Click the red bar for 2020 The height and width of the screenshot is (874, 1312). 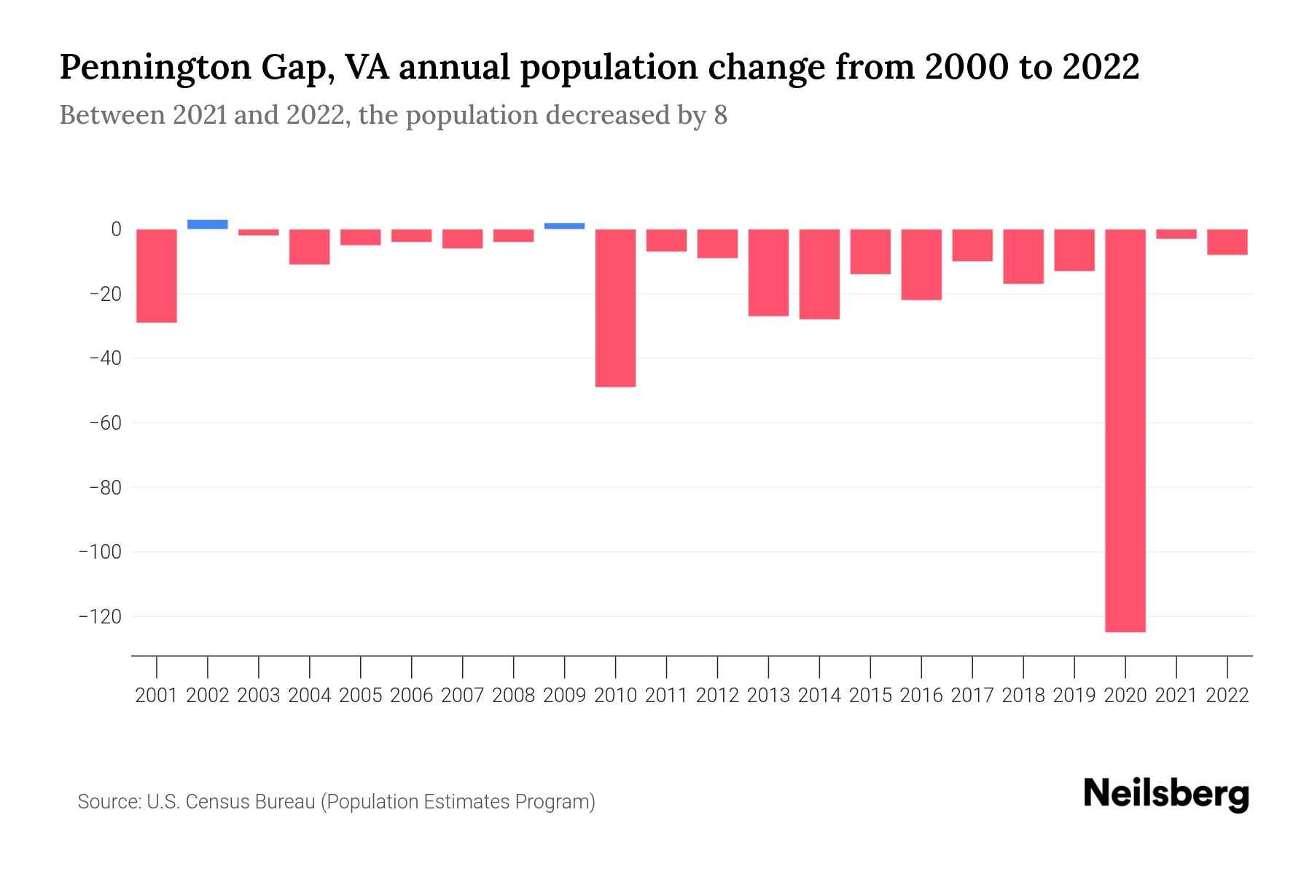[1125, 430]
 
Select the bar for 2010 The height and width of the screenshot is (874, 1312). [616, 307]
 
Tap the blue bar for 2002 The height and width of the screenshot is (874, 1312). [208, 224]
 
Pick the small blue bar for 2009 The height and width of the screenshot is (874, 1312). [565, 226]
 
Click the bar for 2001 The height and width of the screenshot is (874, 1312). [157, 275]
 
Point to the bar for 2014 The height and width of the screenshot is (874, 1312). [819, 274]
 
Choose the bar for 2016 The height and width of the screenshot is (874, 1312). [921, 264]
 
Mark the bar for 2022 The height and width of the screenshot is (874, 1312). [1227, 242]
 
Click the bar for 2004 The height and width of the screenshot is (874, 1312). [310, 246]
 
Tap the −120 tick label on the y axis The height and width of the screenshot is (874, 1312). [100, 617]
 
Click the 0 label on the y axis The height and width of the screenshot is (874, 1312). [116, 229]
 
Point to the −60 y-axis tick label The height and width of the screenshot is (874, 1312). [104, 423]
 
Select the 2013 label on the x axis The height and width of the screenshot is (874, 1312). [768, 696]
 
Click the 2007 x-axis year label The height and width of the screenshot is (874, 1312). [462, 696]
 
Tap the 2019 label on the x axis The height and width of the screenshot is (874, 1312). [1074, 696]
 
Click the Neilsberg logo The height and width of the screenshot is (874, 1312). [1166, 794]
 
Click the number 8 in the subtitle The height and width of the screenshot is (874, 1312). [720, 115]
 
